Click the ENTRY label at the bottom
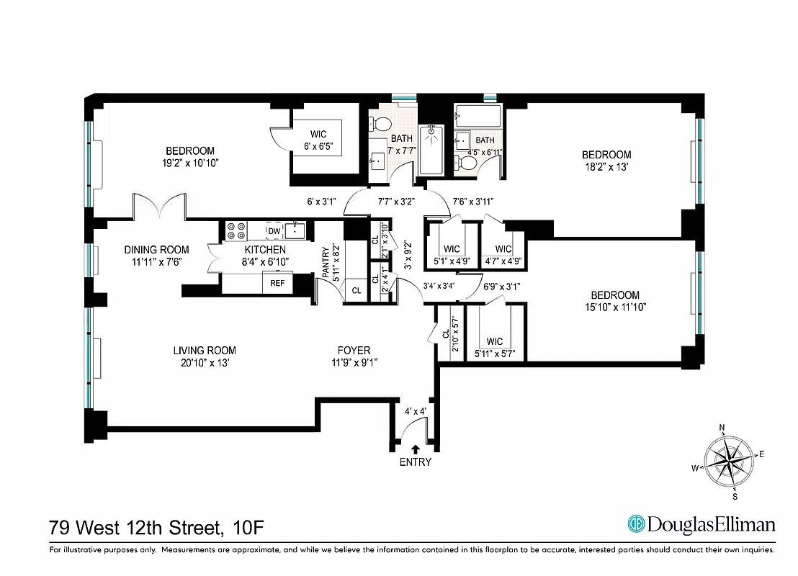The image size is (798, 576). click(x=415, y=462)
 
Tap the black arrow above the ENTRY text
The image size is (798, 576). click(x=415, y=449)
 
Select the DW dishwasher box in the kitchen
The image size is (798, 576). click(x=274, y=230)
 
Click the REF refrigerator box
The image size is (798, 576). click(x=277, y=284)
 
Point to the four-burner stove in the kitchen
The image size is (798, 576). click(x=236, y=230)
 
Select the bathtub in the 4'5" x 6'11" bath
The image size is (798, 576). click(x=478, y=114)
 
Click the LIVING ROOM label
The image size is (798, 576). click(x=205, y=351)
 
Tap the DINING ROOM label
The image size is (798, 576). click(x=156, y=250)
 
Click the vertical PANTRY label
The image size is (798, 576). click(x=326, y=262)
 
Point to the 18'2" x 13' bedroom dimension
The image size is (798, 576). click(x=606, y=168)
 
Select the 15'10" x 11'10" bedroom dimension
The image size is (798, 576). click(x=615, y=308)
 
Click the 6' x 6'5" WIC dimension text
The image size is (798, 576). click(x=318, y=147)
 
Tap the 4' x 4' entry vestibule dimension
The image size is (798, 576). click(x=416, y=411)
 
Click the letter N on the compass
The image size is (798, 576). click(x=722, y=428)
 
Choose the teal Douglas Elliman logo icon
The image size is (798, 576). click(x=635, y=523)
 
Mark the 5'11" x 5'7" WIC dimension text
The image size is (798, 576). click(x=495, y=354)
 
